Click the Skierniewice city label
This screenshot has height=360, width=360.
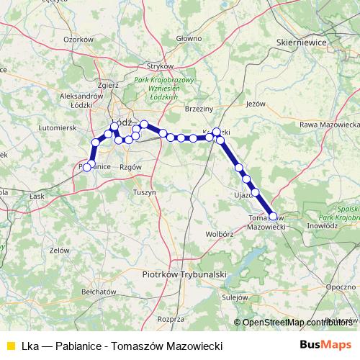coord(302,43)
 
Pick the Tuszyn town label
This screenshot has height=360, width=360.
coord(145,192)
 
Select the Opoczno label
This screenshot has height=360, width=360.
coord(340,287)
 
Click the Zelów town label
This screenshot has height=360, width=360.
coord(60,251)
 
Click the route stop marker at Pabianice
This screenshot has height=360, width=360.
coord(87,167)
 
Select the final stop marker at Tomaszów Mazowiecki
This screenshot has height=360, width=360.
coord(273,216)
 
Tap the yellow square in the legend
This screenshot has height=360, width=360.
coord(10,345)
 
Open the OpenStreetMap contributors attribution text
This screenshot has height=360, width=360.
coord(297,323)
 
